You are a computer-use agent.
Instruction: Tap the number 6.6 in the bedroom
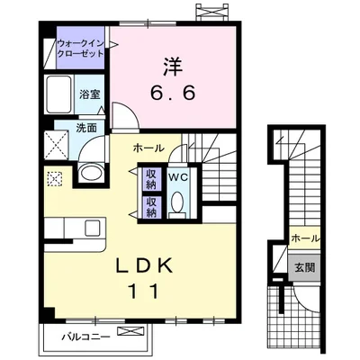[x=173, y=93]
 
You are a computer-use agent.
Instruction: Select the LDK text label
[x=145, y=265]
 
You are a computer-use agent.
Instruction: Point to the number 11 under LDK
[x=143, y=291]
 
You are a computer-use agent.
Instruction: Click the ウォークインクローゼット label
[x=80, y=49]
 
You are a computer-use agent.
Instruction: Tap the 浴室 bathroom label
[x=89, y=94]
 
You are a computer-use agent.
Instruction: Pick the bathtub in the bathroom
[x=59, y=94]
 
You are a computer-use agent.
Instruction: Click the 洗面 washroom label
[x=86, y=128]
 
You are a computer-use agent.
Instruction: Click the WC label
[x=177, y=177]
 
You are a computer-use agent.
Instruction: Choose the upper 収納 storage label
[x=151, y=179]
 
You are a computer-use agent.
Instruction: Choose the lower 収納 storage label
[x=151, y=207]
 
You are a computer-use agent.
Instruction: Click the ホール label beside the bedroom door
[x=148, y=148]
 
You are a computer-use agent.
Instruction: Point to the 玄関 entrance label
[x=304, y=267]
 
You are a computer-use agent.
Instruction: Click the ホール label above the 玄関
[x=305, y=238]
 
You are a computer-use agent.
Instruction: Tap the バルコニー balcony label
[x=86, y=337]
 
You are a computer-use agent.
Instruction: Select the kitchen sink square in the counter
[x=94, y=229]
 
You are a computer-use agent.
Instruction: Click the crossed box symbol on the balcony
[x=130, y=332]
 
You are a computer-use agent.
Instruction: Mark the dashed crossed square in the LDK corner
[x=55, y=179]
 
